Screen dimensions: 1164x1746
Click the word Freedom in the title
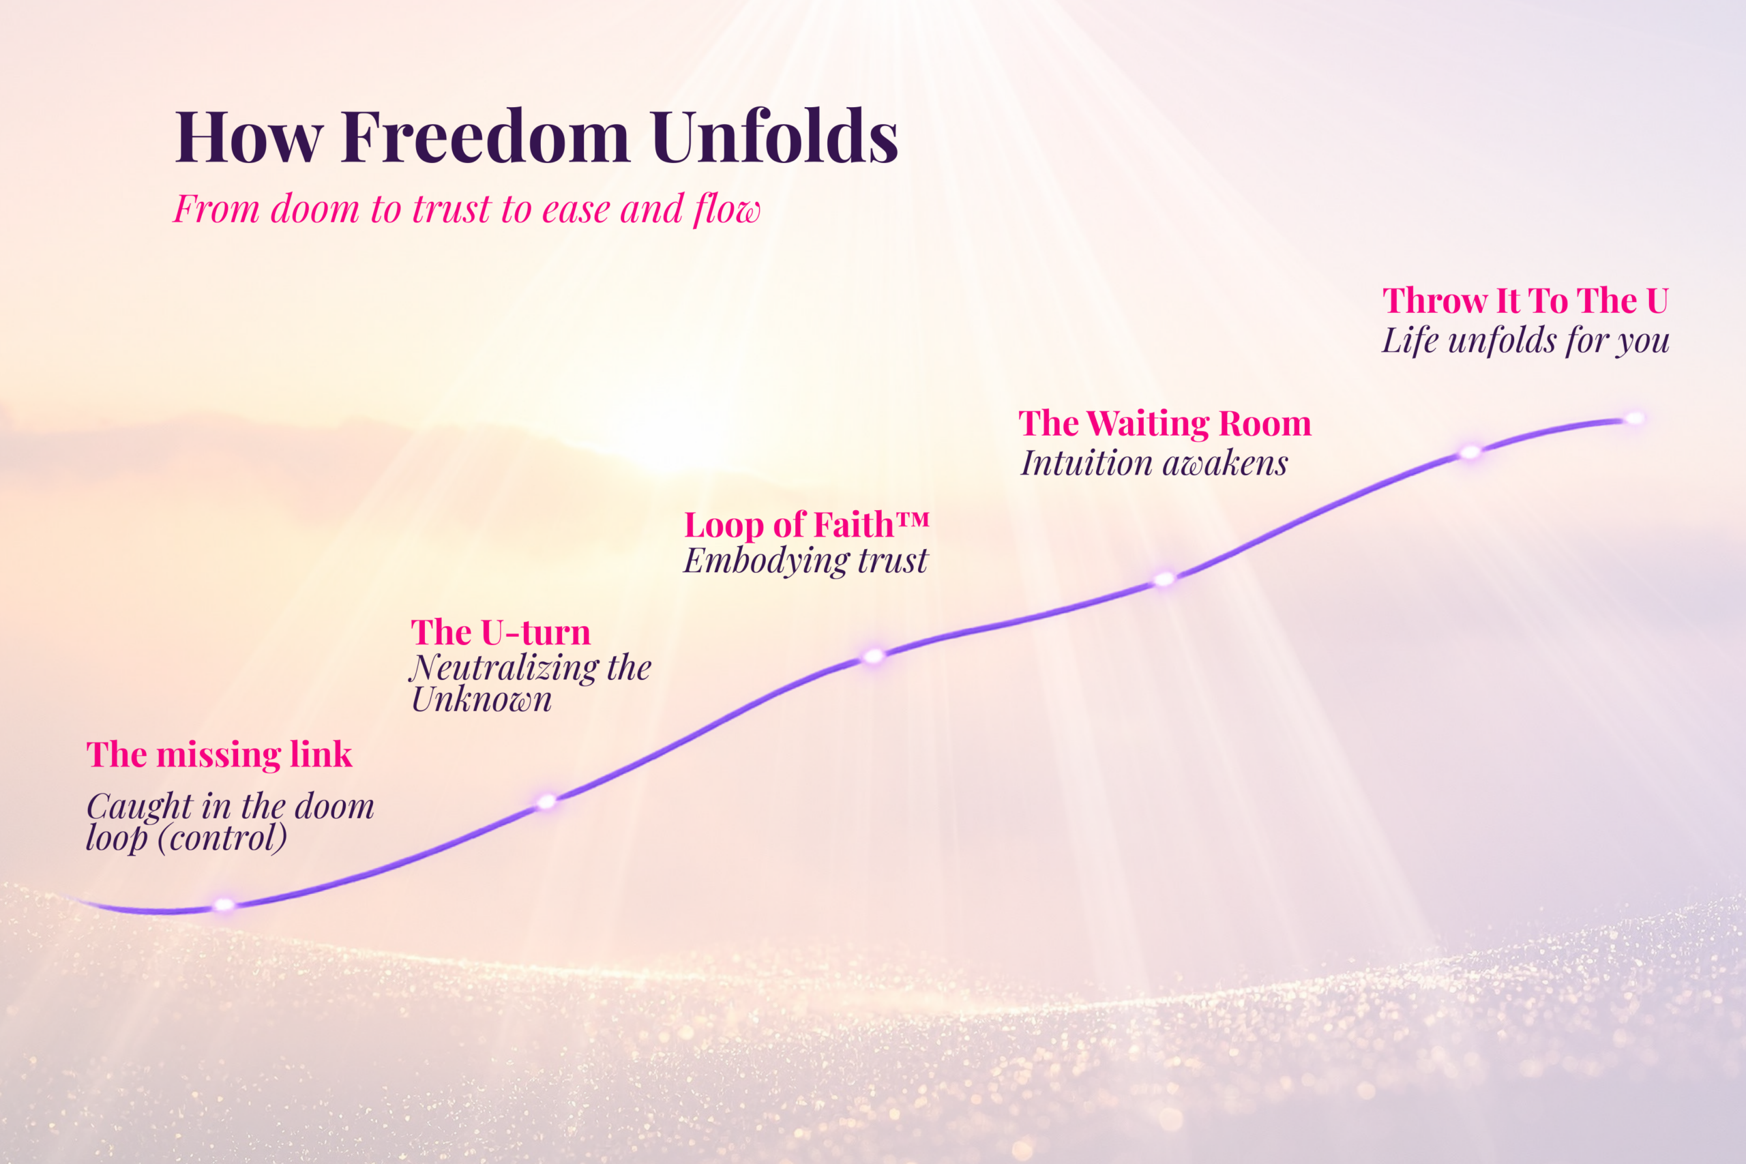[x=486, y=137]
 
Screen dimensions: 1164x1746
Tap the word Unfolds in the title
[x=775, y=137]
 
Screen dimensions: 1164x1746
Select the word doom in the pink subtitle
[x=314, y=209]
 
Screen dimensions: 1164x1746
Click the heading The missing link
[x=219, y=755]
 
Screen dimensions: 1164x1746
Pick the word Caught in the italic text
[x=140, y=807]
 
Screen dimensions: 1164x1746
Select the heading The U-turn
[x=501, y=633]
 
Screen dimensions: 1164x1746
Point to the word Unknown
[x=482, y=700]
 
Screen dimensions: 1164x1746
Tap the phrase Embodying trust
[x=805, y=561]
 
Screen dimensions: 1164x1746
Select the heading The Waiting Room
[x=1165, y=424]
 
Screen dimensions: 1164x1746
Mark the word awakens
[x=1226, y=464]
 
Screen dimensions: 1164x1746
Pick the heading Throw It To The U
[x=1525, y=301]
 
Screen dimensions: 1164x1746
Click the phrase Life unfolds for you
[x=1525, y=342]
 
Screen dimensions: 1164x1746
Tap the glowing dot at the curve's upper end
[x=1634, y=419]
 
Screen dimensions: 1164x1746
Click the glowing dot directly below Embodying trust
[x=874, y=656]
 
